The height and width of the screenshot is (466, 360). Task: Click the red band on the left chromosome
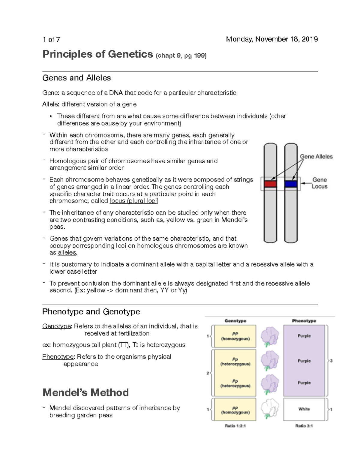click(270, 184)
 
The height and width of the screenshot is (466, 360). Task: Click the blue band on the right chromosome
click(291, 184)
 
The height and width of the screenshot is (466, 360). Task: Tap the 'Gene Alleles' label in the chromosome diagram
click(316, 156)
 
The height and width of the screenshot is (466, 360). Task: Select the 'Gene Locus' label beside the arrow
click(319, 183)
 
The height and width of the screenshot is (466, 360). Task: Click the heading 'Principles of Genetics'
click(98, 54)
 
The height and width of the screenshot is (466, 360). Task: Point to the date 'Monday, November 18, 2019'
click(272, 39)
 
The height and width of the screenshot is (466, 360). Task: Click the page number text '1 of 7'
click(51, 40)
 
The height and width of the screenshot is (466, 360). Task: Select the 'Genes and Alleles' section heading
click(76, 78)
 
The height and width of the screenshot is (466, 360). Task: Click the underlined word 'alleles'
click(67, 253)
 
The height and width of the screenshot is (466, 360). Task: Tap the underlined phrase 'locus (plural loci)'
click(134, 201)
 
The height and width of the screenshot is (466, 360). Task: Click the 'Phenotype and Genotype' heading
click(91, 312)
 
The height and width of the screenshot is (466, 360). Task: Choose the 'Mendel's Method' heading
click(85, 392)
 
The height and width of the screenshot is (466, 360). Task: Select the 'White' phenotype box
click(304, 409)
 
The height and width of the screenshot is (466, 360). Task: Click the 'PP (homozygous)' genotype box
click(235, 336)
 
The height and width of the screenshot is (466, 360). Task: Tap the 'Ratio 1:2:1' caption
click(235, 425)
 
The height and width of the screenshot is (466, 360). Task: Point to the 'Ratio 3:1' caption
click(304, 425)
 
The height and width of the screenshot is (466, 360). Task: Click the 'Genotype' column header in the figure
click(235, 321)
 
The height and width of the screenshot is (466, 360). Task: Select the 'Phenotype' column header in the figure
click(304, 321)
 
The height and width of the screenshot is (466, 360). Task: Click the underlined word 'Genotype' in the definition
click(57, 326)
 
